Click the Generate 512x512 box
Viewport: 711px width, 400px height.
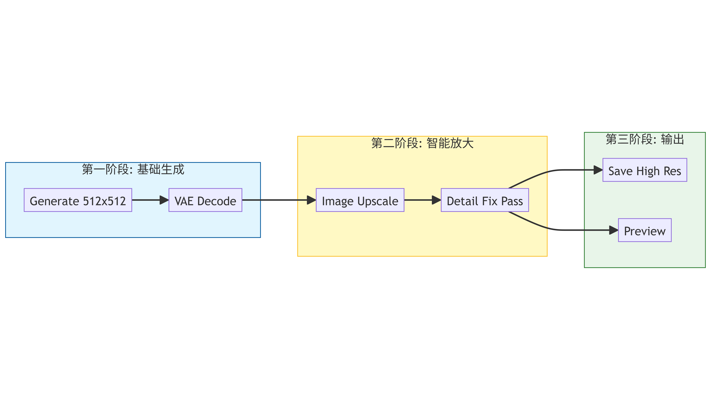click(x=78, y=200)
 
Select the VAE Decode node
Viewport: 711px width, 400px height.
click(x=205, y=200)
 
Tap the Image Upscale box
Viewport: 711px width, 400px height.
click(x=360, y=200)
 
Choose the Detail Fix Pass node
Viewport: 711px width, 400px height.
click(x=485, y=200)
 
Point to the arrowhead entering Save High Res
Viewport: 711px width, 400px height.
click(x=598, y=170)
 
